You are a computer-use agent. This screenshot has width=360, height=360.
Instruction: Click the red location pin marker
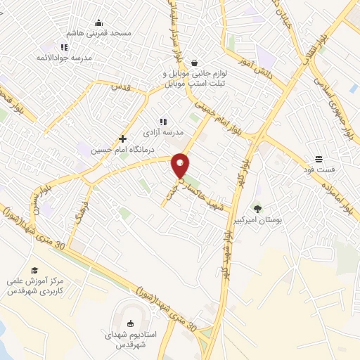point(181,165)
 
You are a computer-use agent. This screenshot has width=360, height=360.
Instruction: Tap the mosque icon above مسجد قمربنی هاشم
point(98,22)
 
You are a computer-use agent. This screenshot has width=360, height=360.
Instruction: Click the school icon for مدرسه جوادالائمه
point(64,47)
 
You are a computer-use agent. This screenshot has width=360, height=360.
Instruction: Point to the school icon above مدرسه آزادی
point(163,122)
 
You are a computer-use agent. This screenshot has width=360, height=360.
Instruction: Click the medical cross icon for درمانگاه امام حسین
point(123,139)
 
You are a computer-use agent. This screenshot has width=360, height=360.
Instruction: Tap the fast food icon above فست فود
point(319,158)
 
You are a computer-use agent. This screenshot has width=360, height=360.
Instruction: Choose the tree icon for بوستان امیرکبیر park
point(257,208)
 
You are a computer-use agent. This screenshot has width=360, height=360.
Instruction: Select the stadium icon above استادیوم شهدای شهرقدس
point(130,323)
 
